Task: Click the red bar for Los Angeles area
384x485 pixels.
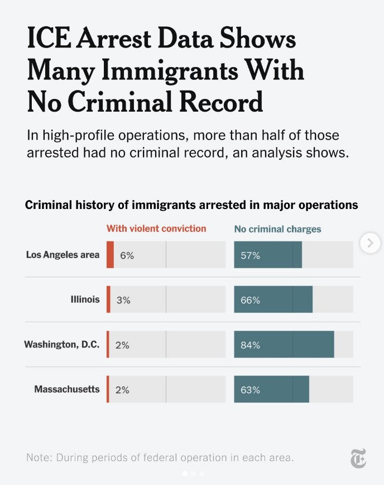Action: click(110, 255)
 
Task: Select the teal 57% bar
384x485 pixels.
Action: click(268, 255)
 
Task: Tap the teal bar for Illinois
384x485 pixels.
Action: click(273, 299)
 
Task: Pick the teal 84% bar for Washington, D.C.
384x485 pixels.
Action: click(284, 344)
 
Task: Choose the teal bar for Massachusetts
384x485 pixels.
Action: click(271, 389)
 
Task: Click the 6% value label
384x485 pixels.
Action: click(127, 255)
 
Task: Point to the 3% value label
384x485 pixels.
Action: click(123, 300)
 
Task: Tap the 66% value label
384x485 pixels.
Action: click(250, 300)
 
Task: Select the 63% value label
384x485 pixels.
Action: click(250, 389)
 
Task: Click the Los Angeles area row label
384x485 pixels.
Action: click(63, 255)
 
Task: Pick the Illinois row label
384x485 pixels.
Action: click(85, 299)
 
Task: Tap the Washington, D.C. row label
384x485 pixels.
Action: click(61, 344)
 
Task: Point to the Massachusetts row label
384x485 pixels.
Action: click(67, 389)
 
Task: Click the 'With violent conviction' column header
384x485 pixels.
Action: click(156, 229)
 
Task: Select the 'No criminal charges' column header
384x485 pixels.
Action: click(277, 229)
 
